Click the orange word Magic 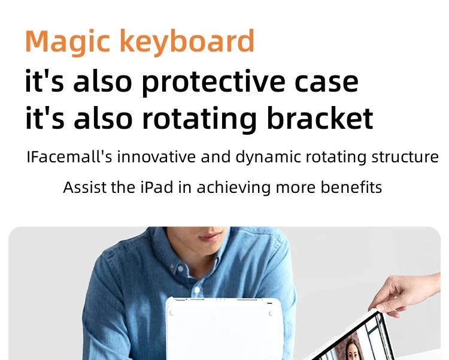click(x=68, y=42)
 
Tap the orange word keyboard click(x=187, y=41)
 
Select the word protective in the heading click(x=213, y=82)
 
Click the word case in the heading click(x=326, y=82)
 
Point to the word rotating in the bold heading click(x=199, y=119)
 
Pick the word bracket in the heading click(x=320, y=117)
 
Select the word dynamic click(x=268, y=158)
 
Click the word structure click(x=405, y=157)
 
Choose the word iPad click(x=157, y=187)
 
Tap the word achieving click(x=233, y=188)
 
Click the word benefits click(x=351, y=187)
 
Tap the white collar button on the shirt click(x=180, y=268)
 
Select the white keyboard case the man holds click(x=224, y=328)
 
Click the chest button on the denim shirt click(x=197, y=290)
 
